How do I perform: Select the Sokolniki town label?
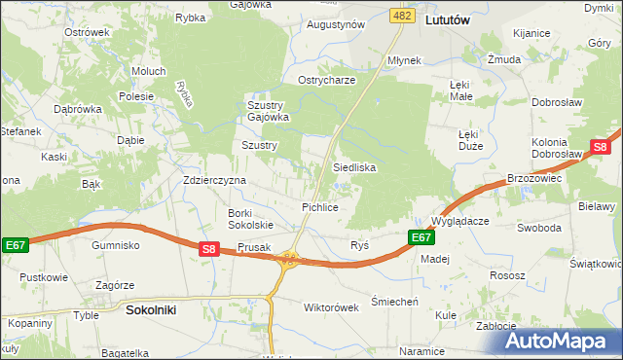(x=151, y=309)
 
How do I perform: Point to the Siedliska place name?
(x=354, y=167)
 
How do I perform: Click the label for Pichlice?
(x=319, y=207)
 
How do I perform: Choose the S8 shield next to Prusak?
(x=209, y=249)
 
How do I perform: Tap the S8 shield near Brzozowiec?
(x=600, y=148)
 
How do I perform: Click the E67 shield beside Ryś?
(x=420, y=237)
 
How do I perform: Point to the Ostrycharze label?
(x=326, y=80)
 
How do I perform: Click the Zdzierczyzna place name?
(x=215, y=180)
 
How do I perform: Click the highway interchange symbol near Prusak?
(x=287, y=259)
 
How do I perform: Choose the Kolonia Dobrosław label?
(x=556, y=149)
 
